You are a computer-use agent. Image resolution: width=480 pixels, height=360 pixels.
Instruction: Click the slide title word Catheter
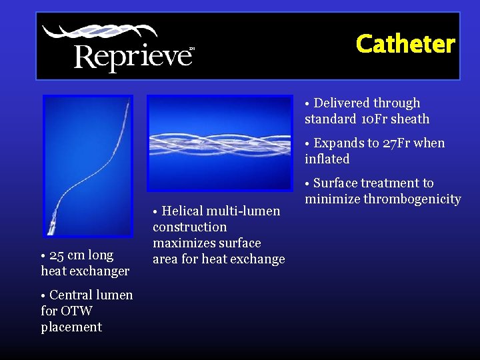(x=405, y=44)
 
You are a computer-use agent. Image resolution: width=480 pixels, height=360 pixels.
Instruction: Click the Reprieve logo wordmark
(x=133, y=56)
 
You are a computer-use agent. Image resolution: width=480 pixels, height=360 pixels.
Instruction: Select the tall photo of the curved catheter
(x=87, y=165)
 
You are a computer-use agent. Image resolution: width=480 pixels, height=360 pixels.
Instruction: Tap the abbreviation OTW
(x=75, y=311)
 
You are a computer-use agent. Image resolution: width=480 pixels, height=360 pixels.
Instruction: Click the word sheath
(x=413, y=119)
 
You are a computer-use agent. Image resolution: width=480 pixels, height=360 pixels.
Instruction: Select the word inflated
(x=327, y=159)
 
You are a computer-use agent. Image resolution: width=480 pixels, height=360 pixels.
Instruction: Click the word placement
(x=71, y=327)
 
